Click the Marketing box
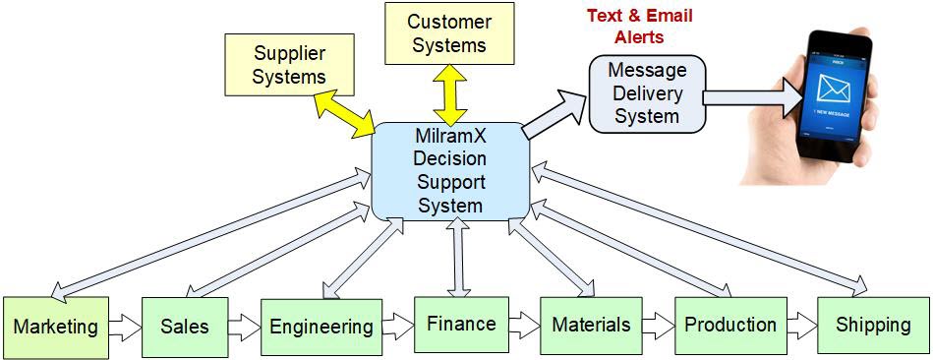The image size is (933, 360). point(55,327)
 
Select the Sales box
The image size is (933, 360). point(185,326)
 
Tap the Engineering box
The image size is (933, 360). point(321,327)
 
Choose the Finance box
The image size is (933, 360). point(460,323)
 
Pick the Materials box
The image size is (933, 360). point(590,325)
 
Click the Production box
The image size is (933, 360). point(729,325)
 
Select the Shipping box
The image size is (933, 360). point(872,325)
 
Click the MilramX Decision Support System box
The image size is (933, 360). point(450,169)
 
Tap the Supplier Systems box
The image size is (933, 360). point(289,63)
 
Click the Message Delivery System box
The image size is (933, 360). point(646,93)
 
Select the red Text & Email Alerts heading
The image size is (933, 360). point(639,26)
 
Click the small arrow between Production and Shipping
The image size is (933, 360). point(802,324)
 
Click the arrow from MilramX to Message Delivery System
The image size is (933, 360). point(554,110)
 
